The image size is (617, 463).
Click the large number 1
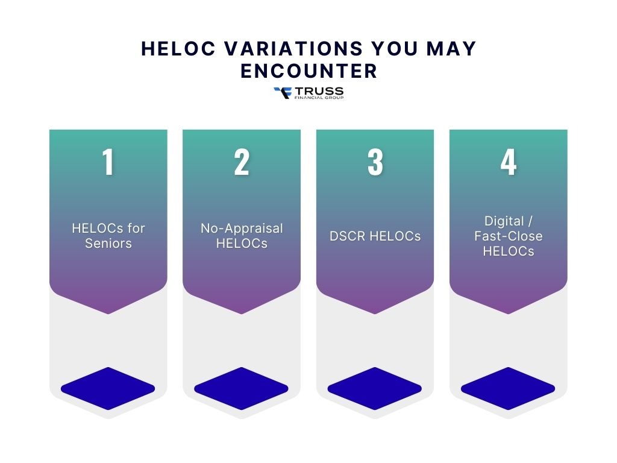coord(108,162)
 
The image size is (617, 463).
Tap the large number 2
coord(242,162)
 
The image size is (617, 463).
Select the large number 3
coord(375,162)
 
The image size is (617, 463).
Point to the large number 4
coord(509,162)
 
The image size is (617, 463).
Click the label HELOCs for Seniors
coord(108,236)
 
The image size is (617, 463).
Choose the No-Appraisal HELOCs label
coord(242,236)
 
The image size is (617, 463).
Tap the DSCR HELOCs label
coord(375,236)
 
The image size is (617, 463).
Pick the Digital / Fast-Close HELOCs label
coord(509,236)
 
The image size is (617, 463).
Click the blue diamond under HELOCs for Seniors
coord(108,388)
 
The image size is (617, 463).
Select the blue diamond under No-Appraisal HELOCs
coord(242,388)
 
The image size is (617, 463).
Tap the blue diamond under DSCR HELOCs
coord(375,388)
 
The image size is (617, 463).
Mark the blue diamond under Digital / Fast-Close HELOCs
coord(508,388)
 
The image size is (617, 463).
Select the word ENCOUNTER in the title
coord(308,71)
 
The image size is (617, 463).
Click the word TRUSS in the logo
coord(319,91)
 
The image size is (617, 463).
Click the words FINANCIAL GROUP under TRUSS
coord(319,98)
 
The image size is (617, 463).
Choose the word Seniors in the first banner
coord(108,244)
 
